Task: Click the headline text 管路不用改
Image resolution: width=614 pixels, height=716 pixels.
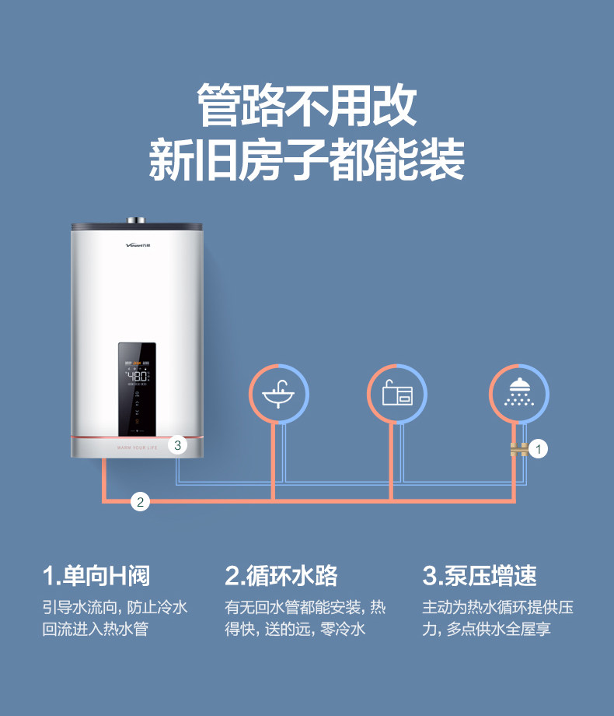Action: click(306, 107)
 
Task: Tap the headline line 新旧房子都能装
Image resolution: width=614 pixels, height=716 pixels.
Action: click(306, 160)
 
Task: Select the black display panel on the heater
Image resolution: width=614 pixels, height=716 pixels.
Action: click(138, 389)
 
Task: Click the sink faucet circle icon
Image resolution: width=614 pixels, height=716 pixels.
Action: click(278, 395)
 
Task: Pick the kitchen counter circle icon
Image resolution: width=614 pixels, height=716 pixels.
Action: click(396, 395)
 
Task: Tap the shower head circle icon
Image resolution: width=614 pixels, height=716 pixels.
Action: click(518, 395)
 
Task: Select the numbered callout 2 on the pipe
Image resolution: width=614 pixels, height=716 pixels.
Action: click(140, 501)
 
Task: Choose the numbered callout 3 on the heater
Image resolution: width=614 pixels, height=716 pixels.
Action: click(178, 445)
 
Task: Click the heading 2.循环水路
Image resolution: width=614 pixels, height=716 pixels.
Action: click(281, 577)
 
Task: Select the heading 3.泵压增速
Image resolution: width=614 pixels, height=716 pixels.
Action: click(480, 577)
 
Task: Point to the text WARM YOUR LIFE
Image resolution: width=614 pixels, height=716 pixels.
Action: click(138, 449)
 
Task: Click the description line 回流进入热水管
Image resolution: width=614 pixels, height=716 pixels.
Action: click(95, 629)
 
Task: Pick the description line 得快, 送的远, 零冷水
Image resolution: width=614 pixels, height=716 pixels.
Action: click(295, 629)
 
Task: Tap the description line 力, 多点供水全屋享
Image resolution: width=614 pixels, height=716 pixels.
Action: click(487, 629)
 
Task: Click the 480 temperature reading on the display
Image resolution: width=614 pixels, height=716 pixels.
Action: click(138, 374)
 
